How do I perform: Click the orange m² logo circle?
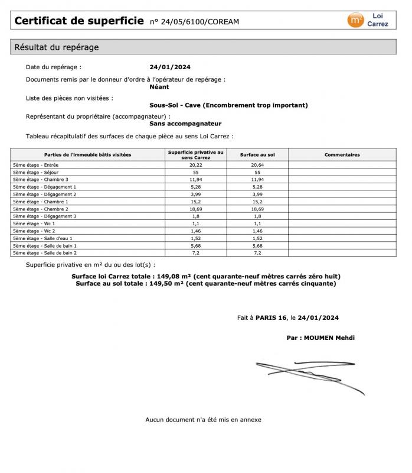click(356, 20)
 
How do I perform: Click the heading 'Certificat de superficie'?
click(79, 21)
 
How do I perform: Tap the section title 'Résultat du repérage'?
click(56, 47)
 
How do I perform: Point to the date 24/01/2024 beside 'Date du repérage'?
click(170, 67)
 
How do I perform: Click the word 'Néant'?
click(159, 87)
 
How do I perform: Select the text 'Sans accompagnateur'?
click(185, 124)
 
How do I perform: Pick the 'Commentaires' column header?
click(342, 155)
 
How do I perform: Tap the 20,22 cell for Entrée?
click(195, 165)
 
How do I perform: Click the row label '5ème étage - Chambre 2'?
click(41, 209)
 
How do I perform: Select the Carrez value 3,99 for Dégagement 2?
click(195, 194)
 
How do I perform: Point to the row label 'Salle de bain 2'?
click(45, 252)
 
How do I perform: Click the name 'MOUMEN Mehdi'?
click(329, 338)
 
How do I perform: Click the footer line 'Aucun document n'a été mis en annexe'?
click(203, 420)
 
